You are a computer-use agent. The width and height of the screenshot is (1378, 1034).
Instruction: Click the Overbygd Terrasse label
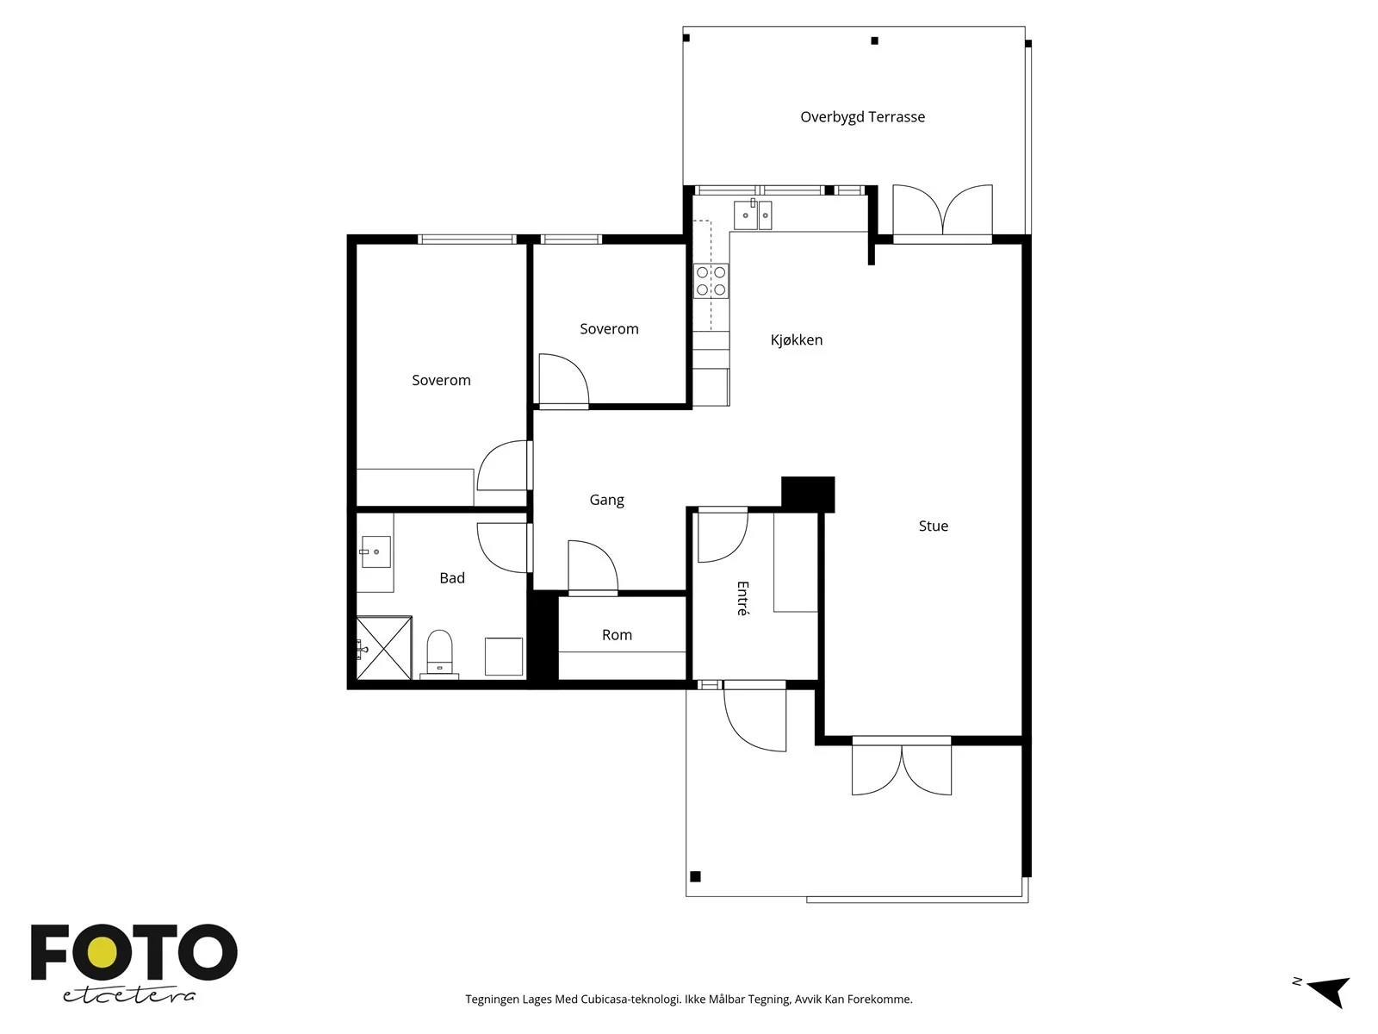(x=862, y=117)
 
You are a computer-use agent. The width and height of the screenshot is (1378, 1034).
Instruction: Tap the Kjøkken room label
(x=796, y=339)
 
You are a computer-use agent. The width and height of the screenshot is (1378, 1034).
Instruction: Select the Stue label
(x=933, y=526)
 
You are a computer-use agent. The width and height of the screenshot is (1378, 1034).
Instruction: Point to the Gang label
(x=606, y=501)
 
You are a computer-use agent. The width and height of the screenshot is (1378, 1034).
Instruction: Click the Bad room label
(x=452, y=577)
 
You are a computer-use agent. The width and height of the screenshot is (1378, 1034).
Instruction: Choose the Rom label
(x=617, y=635)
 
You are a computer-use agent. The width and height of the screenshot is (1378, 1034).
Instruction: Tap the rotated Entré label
(x=742, y=598)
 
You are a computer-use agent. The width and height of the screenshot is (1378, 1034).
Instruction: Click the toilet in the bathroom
(x=439, y=653)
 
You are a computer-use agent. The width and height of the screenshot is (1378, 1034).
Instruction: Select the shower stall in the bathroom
(x=383, y=647)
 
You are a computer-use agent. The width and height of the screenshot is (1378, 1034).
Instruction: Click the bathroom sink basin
(x=376, y=551)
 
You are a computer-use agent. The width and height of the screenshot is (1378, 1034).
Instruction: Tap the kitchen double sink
(x=753, y=215)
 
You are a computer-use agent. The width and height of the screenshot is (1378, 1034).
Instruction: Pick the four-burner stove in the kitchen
(x=711, y=281)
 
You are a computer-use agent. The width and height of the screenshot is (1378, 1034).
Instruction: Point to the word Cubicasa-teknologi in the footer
(x=630, y=1000)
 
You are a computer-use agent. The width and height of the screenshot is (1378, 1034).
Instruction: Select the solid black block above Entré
(x=808, y=495)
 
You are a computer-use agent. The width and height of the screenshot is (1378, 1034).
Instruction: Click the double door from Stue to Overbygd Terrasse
(x=942, y=212)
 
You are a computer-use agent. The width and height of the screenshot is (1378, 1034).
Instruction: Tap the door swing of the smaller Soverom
(x=564, y=381)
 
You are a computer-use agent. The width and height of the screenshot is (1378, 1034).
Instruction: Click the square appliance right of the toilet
(x=504, y=657)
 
